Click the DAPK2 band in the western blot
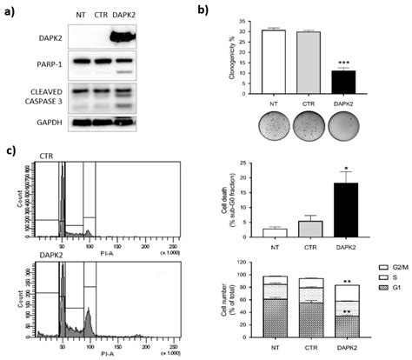click(x=127, y=37)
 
